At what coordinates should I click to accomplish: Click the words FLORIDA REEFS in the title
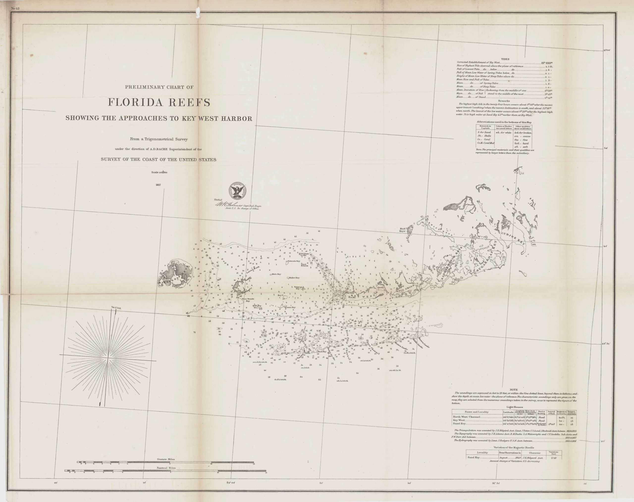pyautogui.click(x=159, y=102)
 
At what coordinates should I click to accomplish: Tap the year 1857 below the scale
pyautogui.click(x=159, y=185)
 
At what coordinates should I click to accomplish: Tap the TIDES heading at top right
pyautogui.click(x=505, y=59)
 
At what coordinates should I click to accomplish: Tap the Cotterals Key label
pyautogui.click(x=293, y=261)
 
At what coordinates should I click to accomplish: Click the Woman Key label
pyautogui.click(x=290, y=307)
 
